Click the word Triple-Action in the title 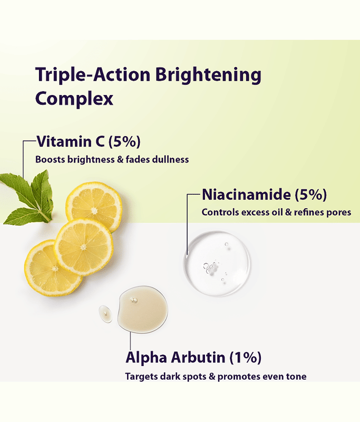click(x=93, y=74)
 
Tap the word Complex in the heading click(x=74, y=99)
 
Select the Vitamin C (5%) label click(x=89, y=141)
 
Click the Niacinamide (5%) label click(x=264, y=195)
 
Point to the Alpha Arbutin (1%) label click(x=193, y=358)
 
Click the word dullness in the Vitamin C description click(x=170, y=159)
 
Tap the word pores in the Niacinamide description click(x=338, y=213)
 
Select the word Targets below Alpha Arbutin click(x=141, y=377)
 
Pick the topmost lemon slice click(x=94, y=206)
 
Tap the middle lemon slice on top click(x=84, y=247)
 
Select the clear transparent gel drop click(x=217, y=263)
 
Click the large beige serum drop click(x=142, y=310)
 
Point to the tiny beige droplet click(x=105, y=314)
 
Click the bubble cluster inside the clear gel click(x=210, y=267)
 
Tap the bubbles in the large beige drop click(x=134, y=300)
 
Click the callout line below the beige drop click(x=130, y=341)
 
